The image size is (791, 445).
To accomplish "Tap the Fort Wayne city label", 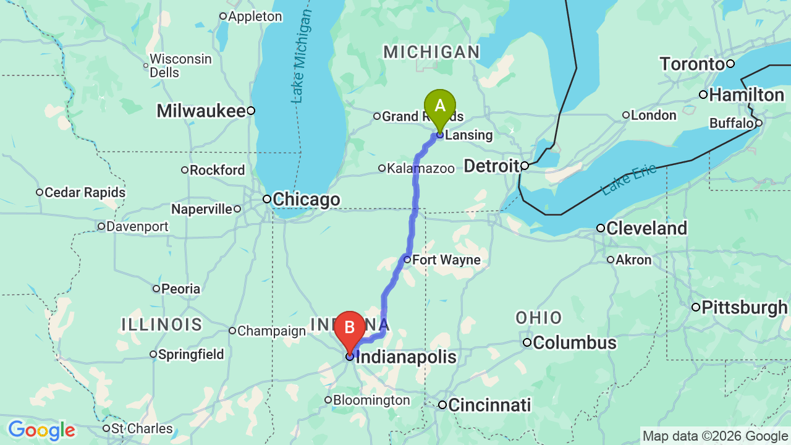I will click(x=446, y=260).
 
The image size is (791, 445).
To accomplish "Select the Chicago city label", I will click(x=306, y=200).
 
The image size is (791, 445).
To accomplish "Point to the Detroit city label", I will click(x=492, y=166).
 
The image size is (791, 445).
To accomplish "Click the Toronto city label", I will click(x=692, y=64).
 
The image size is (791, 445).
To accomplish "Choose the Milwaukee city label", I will click(x=201, y=111).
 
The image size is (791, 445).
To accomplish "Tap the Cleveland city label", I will click(x=646, y=229).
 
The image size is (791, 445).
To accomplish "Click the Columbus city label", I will click(x=574, y=343).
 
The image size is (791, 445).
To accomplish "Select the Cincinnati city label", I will click(x=489, y=405).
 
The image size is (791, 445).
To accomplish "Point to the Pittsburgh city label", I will click(x=745, y=308).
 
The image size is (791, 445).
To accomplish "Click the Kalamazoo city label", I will click(x=420, y=168).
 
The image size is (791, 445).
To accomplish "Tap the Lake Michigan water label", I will click(x=302, y=56).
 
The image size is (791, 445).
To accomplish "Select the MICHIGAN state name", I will click(x=431, y=53).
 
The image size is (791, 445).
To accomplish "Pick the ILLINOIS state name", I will click(x=162, y=324).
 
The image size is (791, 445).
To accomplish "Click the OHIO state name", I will click(x=539, y=318).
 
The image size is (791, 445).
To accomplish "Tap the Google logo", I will click(x=41, y=430).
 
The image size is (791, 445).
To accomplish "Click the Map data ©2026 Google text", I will click(x=715, y=436).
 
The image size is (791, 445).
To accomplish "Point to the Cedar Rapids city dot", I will click(x=40, y=193).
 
